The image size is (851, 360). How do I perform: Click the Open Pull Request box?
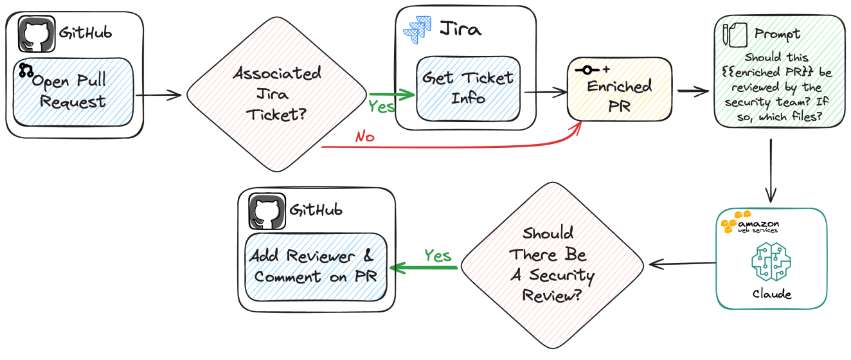(x=73, y=91)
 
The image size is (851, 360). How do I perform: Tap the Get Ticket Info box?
(x=467, y=88)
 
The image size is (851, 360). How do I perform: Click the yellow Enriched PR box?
(x=620, y=89)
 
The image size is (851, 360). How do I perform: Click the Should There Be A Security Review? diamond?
(x=552, y=265)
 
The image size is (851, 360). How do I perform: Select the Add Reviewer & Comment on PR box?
(x=317, y=266)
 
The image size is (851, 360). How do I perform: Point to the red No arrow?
(x=450, y=145)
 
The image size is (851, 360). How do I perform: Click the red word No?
(x=364, y=136)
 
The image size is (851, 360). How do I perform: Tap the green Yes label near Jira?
(x=381, y=107)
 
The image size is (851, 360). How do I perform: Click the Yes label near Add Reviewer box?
(x=438, y=256)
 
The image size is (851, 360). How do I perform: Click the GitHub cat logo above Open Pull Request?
(x=37, y=35)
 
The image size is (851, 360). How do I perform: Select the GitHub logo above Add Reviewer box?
(x=267, y=211)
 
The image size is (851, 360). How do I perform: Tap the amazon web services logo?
(x=750, y=222)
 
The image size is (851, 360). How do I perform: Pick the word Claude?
(x=772, y=294)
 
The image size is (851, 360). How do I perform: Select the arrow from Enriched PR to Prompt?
(x=692, y=91)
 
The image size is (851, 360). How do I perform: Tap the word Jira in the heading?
(x=460, y=29)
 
